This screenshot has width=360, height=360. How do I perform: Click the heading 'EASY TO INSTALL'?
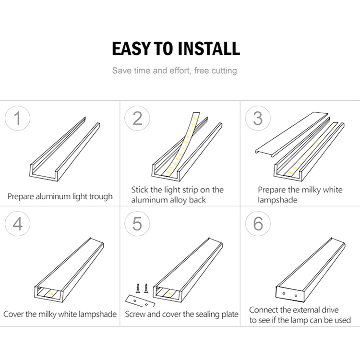(176, 48)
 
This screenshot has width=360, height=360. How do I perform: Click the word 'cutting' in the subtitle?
(221, 71)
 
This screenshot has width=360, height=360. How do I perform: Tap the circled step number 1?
(18, 118)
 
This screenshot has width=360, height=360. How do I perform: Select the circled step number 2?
(138, 118)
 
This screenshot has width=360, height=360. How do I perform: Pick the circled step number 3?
(258, 118)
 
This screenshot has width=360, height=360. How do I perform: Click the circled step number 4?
(18, 224)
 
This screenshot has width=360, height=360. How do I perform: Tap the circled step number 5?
(138, 224)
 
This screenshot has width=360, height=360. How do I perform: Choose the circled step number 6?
(258, 224)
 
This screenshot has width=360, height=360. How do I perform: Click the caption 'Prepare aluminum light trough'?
(60, 196)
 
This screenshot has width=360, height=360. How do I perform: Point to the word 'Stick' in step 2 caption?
(140, 190)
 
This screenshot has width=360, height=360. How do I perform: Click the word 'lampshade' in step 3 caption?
(277, 200)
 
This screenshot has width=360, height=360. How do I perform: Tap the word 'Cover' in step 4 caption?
(14, 314)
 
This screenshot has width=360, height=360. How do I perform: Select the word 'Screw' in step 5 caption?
(136, 314)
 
